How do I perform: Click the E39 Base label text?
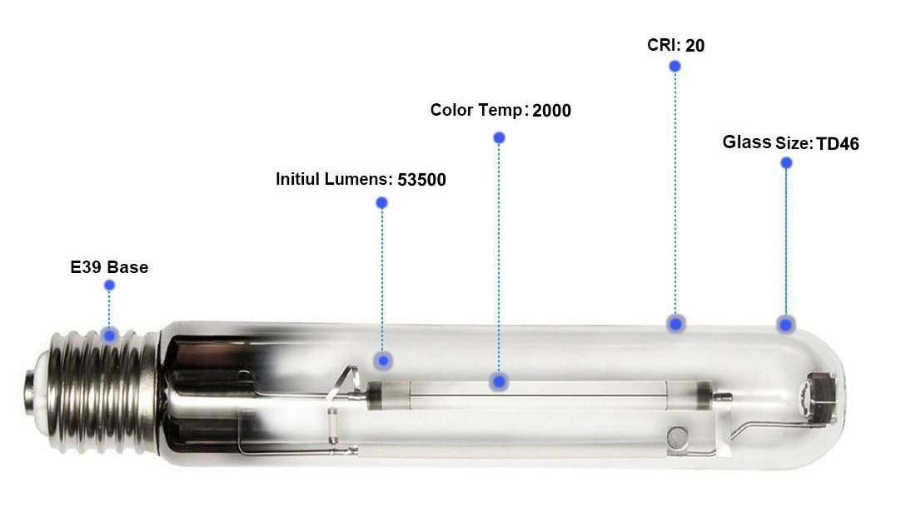coord(109,268)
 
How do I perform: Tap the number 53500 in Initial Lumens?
coord(421,180)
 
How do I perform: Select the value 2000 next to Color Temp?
coord(551,111)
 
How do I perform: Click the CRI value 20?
coord(694,46)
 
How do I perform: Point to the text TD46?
coord(838,144)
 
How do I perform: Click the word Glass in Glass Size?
coord(746,142)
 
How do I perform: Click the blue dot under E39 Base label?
coord(109,286)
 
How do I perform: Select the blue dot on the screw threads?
coord(109,335)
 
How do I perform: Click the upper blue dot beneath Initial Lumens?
coord(381,202)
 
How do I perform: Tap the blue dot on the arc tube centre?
coord(499,382)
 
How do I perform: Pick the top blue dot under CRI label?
coord(675,66)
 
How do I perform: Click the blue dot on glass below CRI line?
coord(676,324)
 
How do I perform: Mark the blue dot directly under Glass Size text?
coord(786,163)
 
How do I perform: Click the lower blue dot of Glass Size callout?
coord(784,324)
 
